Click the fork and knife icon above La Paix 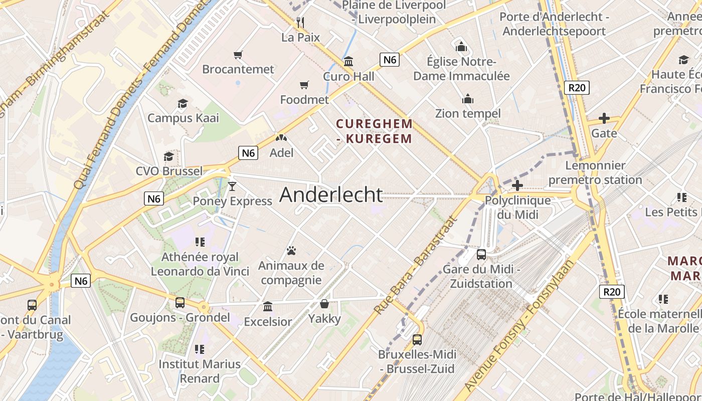300,22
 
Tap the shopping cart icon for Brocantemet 238,54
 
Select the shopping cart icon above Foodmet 304,85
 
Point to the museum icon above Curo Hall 348,62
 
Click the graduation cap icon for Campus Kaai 183,103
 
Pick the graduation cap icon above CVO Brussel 169,156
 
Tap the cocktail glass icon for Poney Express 232,186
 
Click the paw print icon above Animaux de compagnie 291,250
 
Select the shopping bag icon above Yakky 324,304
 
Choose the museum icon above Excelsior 268,306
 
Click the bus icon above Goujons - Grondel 180,303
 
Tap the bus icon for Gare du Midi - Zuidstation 481,254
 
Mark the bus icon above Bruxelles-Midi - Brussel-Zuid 417,340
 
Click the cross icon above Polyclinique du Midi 517,185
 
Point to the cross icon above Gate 604,118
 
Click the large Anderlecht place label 331,194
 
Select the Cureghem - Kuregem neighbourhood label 375,131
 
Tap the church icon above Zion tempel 468,99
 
